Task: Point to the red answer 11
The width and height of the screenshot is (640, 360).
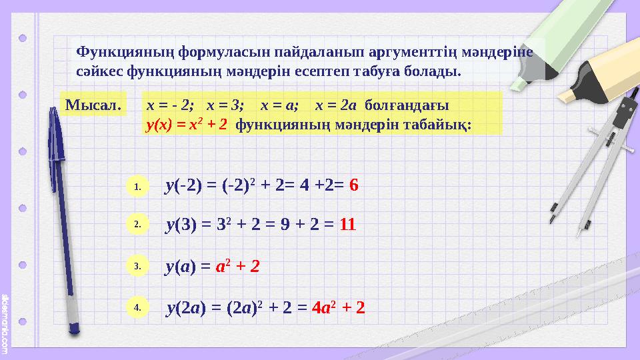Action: (347, 225)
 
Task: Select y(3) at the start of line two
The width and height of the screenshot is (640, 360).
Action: (181, 225)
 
